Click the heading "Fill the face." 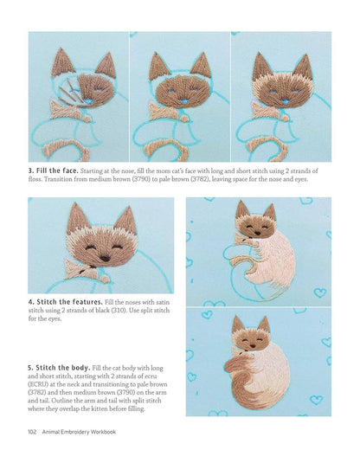(58, 170)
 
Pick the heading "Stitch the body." (60, 370)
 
